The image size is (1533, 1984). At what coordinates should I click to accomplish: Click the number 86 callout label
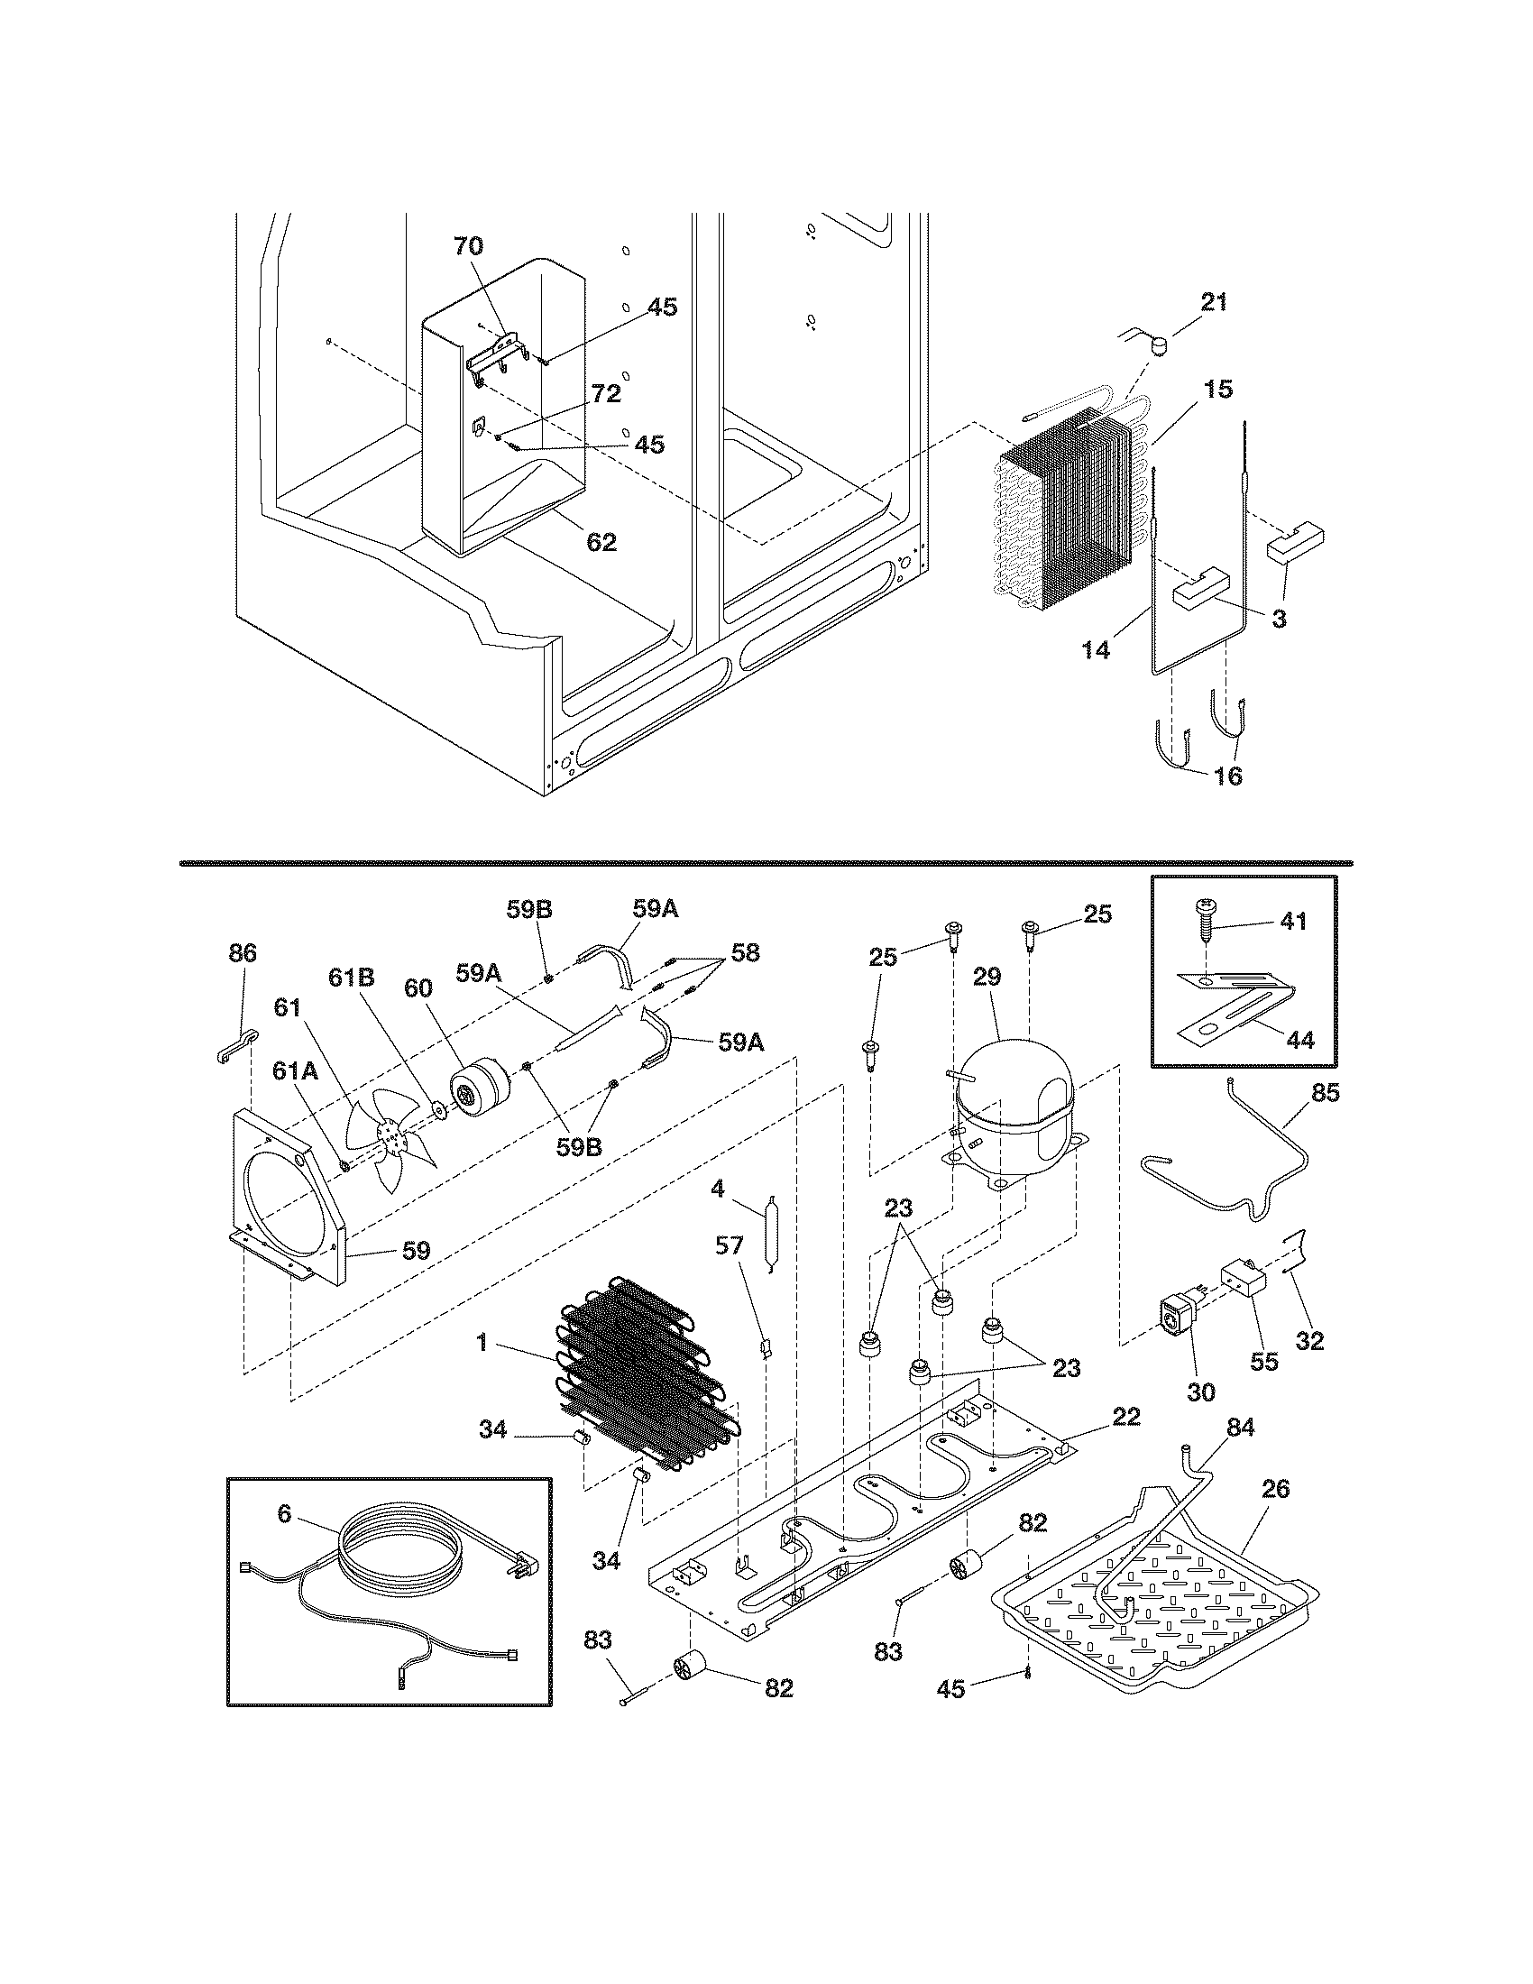[x=243, y=954]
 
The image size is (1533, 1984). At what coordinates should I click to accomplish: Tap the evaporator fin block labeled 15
[x=1067, y=518]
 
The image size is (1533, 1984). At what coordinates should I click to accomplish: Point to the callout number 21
[x=1215, y=303]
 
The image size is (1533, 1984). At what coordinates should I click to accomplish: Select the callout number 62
[x=601, y=543]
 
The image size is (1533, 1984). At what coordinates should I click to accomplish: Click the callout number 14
[x=1097, y=650]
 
